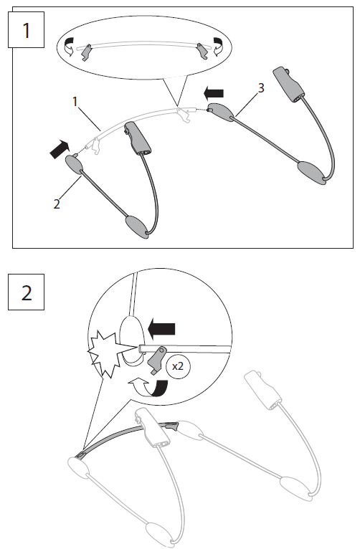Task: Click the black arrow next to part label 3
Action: (214, 92)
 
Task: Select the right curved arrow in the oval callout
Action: (218, 49)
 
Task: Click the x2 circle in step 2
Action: (178, 366)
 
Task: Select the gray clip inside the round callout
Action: (158, 360)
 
